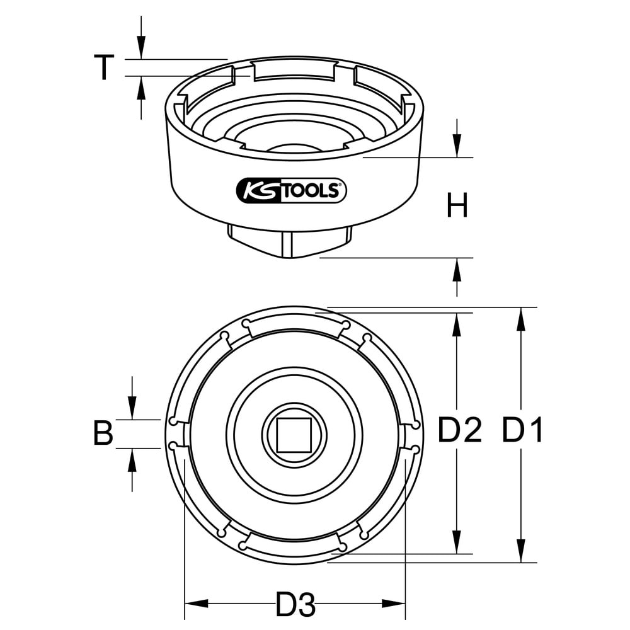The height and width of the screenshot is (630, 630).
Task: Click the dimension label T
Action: tap(104, 67)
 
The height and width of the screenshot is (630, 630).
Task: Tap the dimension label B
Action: tap(103, 433)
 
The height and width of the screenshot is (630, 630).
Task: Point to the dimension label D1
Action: tap(523, 430)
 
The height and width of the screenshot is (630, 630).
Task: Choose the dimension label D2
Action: tap(459, 430)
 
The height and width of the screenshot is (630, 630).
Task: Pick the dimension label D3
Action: tap(295, 604)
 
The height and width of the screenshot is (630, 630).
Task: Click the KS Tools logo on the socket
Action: tap(291, 191)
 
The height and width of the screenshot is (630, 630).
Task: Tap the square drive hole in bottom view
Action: tap(294, 434)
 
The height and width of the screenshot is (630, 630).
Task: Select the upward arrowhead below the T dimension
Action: tap(141, 87)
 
